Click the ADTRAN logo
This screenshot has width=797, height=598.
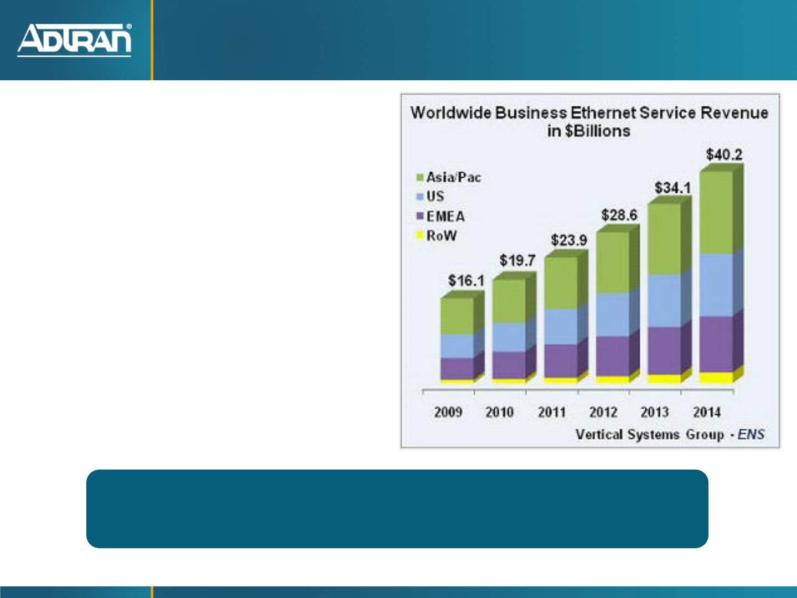(x=74, y=40)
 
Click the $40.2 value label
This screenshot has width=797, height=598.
(x=724, y=154)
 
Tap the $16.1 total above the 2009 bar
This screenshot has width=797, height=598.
(x=466, y=281)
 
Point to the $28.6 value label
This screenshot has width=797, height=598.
(x=619, y=215)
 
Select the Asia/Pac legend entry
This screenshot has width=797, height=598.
(x=448, y=177)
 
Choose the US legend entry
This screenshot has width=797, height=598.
(x=430, y=196)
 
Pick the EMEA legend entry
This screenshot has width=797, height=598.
(x=440, y=216)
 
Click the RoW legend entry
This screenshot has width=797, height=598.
(x=436, y=236)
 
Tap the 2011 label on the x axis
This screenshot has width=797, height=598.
(x=552, y=412)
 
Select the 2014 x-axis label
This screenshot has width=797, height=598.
(x=707, y=412)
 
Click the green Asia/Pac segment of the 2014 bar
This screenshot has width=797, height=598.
(x=716, y=213)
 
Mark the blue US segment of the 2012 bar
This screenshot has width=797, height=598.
(x=613, y=315)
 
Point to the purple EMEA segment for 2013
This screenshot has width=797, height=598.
(x=664, y=350)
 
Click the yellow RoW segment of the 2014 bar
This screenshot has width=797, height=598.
(x=716, y=377)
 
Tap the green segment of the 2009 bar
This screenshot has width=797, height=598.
(x=457, y=316)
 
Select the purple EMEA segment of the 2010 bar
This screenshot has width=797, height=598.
(x=509, y=365)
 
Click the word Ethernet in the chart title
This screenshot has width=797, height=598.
(x=603, y=113)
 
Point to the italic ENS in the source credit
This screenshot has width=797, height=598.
(x=751, y=434)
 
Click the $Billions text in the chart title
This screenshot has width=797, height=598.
(x=597, y=131)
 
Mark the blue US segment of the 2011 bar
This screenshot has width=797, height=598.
(x=561, y=327)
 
